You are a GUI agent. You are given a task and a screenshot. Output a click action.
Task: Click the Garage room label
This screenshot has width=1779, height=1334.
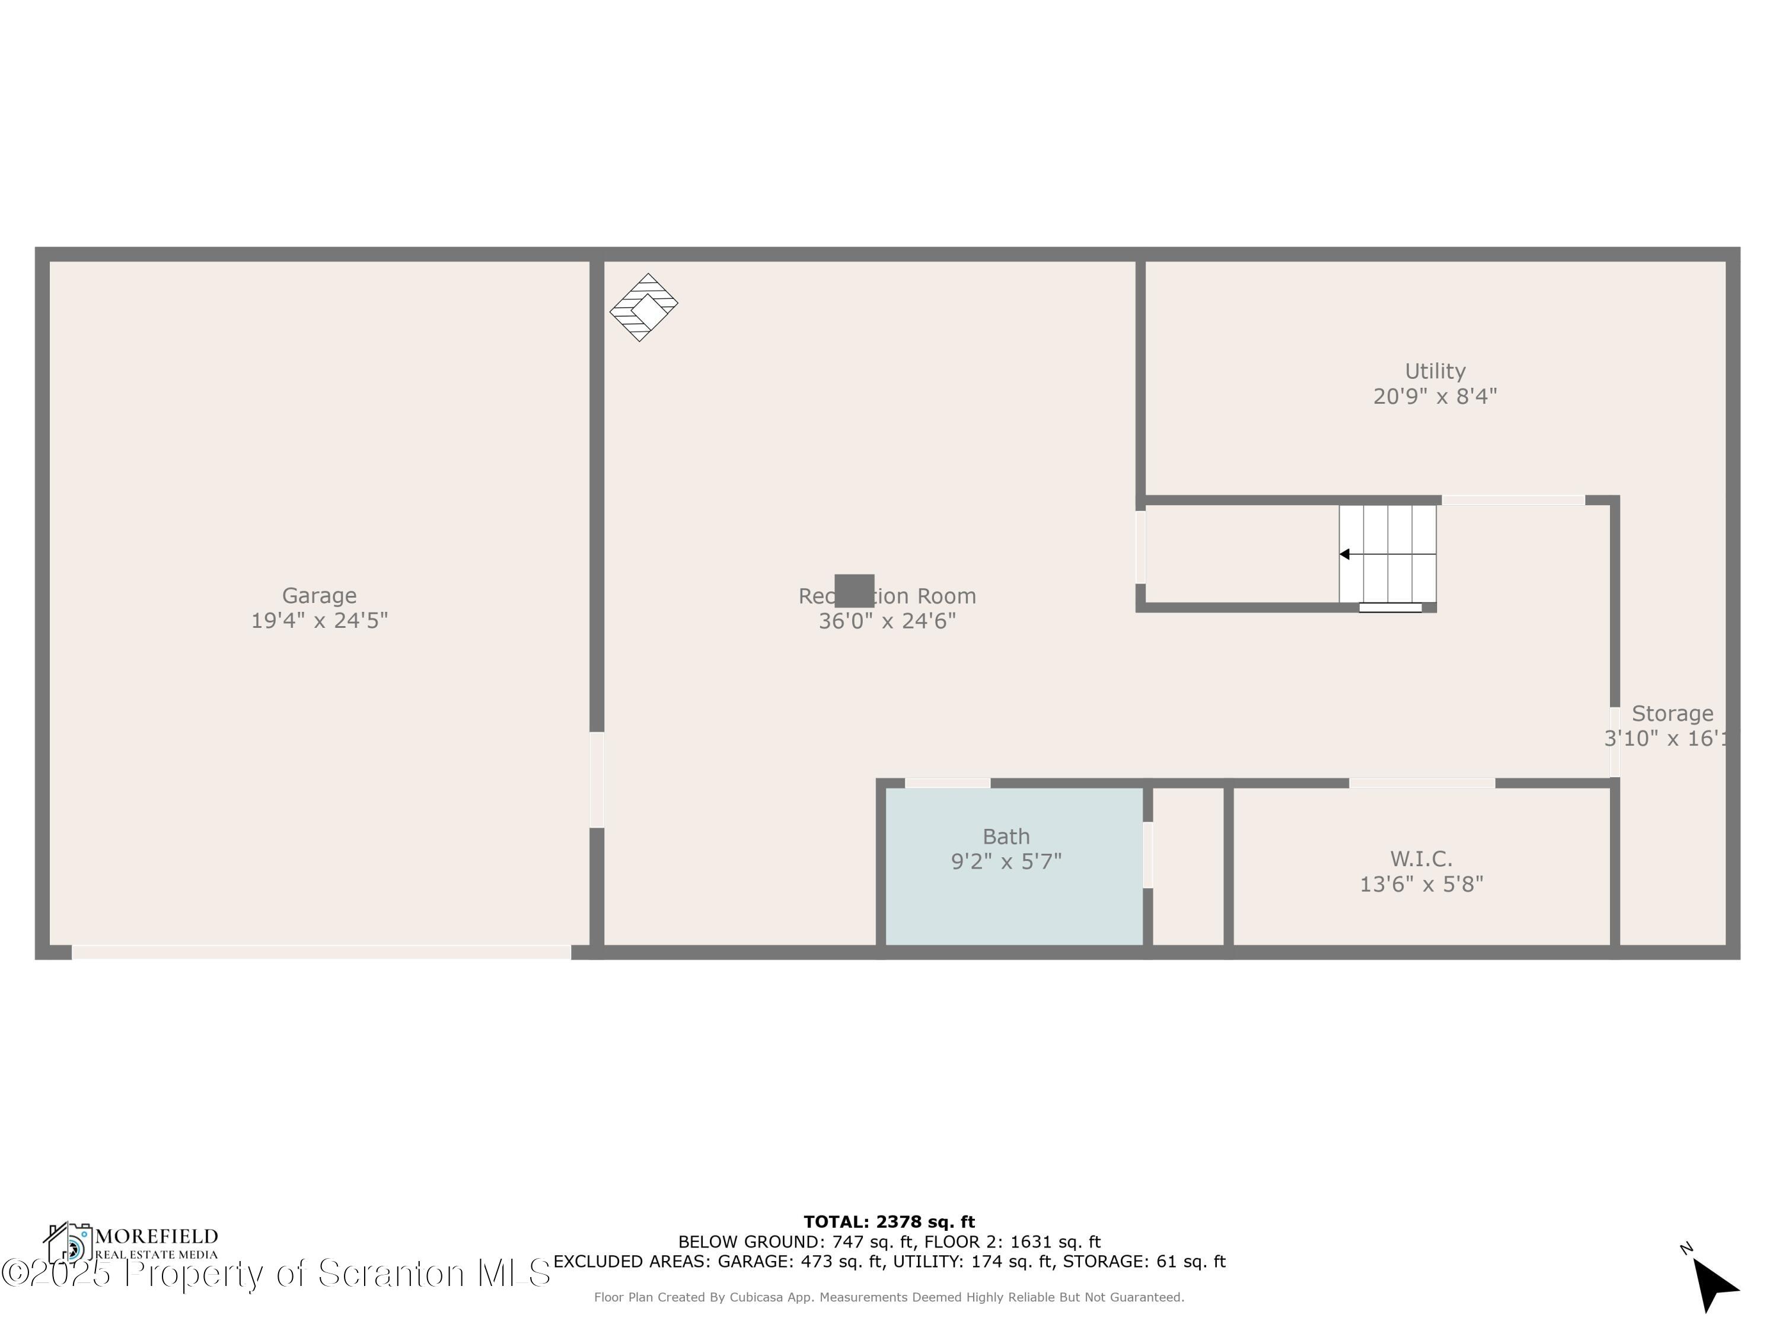[319, 596]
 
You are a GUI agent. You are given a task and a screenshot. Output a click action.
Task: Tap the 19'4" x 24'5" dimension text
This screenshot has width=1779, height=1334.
[319, 621]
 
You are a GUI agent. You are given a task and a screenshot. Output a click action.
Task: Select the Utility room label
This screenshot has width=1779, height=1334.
[1435, 372]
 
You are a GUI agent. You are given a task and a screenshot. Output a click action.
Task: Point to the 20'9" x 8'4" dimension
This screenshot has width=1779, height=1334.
[1435, 397]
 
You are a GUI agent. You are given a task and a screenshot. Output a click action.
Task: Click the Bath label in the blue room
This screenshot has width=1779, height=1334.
[1006, 837]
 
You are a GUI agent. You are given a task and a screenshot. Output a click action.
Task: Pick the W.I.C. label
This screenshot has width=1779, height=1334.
[1421, 859]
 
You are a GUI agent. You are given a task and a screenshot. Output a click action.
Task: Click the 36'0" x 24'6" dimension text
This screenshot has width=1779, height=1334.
[887, 621]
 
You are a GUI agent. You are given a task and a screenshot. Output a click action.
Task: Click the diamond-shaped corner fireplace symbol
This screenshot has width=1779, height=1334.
[643, 307]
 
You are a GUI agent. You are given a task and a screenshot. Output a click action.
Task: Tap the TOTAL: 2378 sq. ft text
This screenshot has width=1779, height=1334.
[889, 1222]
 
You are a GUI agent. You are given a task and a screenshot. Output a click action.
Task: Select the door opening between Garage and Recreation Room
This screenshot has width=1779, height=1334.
[597, 780]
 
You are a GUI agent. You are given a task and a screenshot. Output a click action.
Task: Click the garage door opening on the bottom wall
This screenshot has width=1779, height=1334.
[321, 953]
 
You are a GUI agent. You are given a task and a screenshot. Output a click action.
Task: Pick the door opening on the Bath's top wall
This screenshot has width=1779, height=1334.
[948, 783]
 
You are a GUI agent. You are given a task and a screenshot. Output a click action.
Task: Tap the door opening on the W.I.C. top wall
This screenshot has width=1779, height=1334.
[1422, 783]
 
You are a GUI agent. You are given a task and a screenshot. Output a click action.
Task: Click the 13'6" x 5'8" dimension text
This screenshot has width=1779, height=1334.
[1421, 885]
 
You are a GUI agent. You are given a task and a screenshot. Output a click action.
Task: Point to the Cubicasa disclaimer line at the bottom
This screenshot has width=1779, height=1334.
[889, 1297]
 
